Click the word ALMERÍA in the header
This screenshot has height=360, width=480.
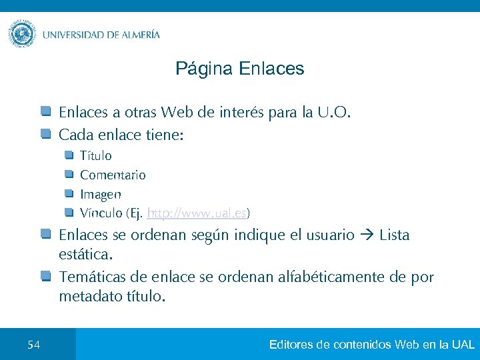[137, 35]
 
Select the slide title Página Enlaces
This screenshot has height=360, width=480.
[239, 69]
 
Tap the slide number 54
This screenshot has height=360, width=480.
[34, 345]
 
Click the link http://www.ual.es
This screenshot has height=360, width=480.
[197, 213]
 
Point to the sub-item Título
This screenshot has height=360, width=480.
[96, 156]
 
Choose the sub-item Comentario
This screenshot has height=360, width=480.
[113, 175]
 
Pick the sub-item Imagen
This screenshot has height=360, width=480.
[101, 195]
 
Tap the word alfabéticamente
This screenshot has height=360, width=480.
[325, 277]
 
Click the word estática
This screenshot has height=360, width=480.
[85, 255]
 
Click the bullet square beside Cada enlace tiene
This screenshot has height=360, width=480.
[45, 135]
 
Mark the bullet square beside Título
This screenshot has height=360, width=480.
[69, 155]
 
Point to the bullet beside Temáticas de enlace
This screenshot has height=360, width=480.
[45, 276]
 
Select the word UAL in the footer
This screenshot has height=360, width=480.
[463, 345]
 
